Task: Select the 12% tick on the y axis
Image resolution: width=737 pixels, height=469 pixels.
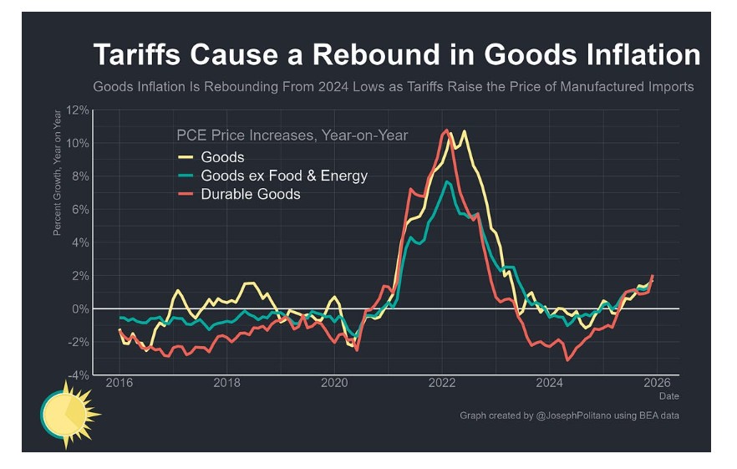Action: pyautogui.click(x=78, y=110)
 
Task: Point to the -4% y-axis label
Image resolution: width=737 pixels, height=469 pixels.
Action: pyautogui.click(x=78, y=375)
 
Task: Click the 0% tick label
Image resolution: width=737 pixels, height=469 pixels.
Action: pyautogui.click(x=80, y=308)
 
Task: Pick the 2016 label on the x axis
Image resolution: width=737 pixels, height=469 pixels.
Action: pyautogui.click(x=119, y=383)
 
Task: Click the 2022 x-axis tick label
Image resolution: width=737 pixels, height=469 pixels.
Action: pyautogui.click(x=441, y=383)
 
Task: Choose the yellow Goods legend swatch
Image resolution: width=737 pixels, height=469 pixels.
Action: pyautogui.click(x=186, y=156)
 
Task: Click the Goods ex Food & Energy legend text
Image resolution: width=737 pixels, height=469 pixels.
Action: pyautogui.click(x=284, y=176)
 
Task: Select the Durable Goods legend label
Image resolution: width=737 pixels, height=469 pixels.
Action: pyautogui.click(x=251, y=194)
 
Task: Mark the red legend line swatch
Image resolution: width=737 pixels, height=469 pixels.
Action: pyautogui.click(x=186, y=194)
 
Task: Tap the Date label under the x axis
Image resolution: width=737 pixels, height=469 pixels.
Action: pyautogui.click(x=668, y=395)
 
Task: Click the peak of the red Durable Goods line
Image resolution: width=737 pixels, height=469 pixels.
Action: pyautogui.click(x=446, y=130)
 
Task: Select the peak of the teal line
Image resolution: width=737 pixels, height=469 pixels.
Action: pyautogui.click(x=448, y=181)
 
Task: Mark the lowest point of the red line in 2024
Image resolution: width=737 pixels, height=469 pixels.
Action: pyautogui.click(x=567, y=360)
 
